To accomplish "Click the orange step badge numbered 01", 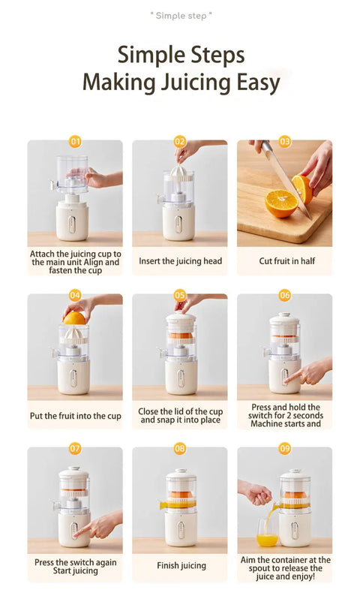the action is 75,141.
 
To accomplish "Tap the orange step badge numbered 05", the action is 180,295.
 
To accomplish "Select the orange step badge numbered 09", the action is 285,449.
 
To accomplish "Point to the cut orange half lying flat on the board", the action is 281,203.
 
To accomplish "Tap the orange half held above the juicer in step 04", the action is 74,318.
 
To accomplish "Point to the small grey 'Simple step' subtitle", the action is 181,16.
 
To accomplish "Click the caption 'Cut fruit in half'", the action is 286,260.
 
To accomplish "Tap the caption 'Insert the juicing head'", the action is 181,260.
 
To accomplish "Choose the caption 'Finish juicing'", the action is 181,565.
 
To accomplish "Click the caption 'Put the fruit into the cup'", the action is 76,416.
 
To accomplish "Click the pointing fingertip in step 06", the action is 286,381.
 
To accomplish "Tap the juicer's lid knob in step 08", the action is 181,471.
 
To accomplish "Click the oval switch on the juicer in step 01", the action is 72,224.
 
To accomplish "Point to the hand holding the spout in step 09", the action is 256,493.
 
